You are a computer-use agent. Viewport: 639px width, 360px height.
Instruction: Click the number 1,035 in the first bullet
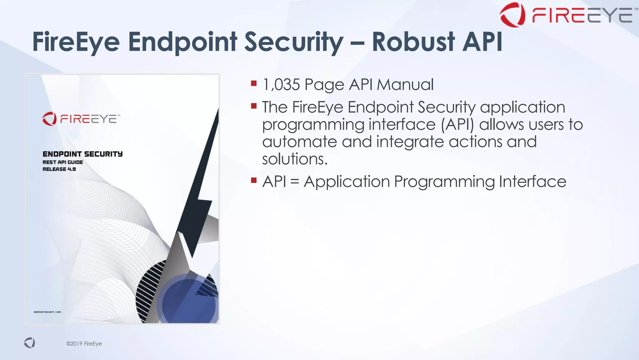tap(281, 85)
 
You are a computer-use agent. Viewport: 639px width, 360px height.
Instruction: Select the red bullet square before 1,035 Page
tap(254, 83)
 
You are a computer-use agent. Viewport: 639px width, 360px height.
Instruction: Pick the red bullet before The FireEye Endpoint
tap(254, 106)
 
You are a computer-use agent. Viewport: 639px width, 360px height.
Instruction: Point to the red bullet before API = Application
tap(254, 180)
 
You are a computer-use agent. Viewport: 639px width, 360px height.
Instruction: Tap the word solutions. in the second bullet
tap(295, 159)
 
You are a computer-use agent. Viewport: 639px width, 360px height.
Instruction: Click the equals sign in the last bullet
tap(295, 182)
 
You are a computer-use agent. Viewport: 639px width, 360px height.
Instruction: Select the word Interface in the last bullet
tap(532, 182)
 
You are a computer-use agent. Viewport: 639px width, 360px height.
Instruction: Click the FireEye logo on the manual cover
tap(81, 119)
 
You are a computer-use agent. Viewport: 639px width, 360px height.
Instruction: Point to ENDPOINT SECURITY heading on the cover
tap(82, 154)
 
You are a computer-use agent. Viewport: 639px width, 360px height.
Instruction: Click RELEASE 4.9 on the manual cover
tap(59, 169)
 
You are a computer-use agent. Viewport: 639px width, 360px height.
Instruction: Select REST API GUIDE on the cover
tap(62, 162)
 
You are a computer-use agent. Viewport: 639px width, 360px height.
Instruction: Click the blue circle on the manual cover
tap(189, 301)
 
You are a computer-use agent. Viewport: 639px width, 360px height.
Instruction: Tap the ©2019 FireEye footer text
tap(84, 344)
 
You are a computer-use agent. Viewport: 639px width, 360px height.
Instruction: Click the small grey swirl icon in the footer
tap(30, 343)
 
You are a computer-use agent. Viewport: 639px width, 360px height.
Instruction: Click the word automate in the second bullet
tap(299, 142)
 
